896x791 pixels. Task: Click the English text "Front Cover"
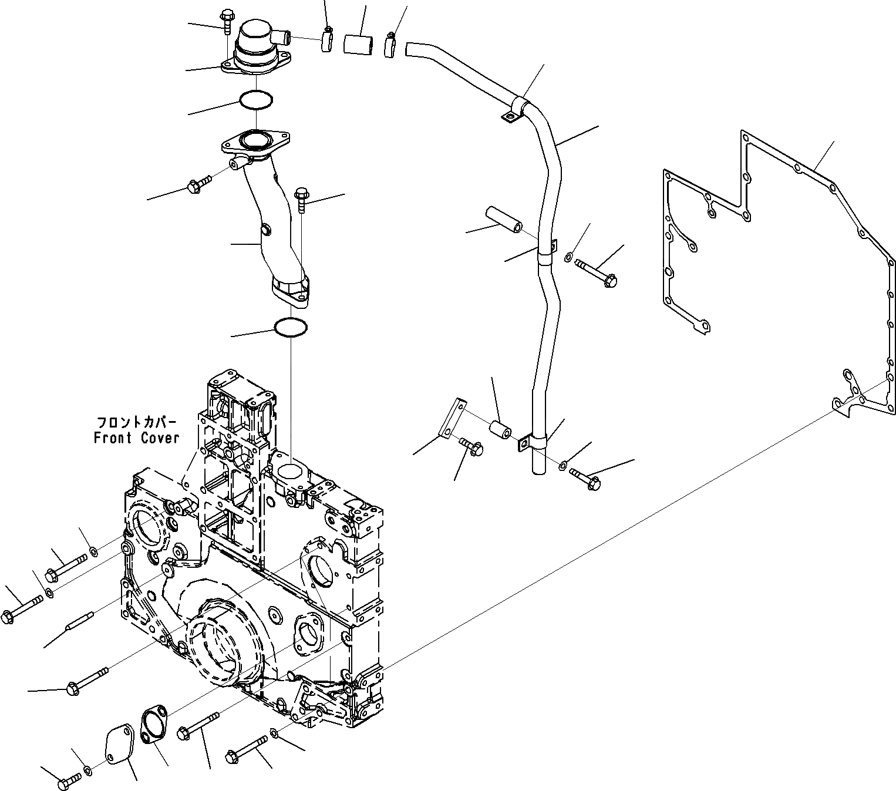(x=136, y=438)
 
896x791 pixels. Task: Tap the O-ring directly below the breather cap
(x=256, y=100)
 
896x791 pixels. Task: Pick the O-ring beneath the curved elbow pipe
(x=291, y=328)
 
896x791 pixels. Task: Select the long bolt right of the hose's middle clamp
(x=596, y=273)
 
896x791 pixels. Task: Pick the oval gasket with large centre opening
(x=154, y=726)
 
